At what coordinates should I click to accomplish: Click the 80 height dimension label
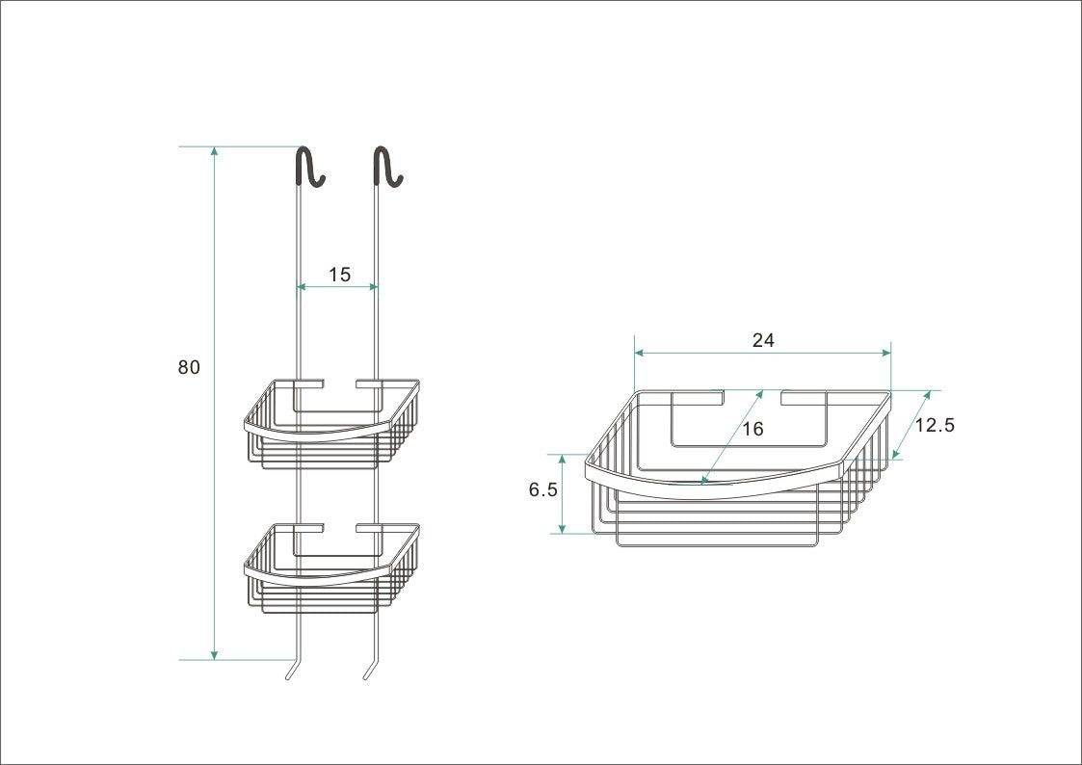(189, 367)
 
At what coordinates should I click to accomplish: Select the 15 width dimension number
(339, 275)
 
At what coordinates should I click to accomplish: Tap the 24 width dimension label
(763, 340)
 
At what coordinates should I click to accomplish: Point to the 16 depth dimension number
(753, 429)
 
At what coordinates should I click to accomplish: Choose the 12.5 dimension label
(934, 425)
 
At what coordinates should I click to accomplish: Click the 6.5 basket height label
(542, 489)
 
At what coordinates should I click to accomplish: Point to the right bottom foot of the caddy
(368, 669)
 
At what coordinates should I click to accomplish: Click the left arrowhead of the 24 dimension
(639, 354)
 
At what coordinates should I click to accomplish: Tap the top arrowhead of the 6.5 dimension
(563, 459)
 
